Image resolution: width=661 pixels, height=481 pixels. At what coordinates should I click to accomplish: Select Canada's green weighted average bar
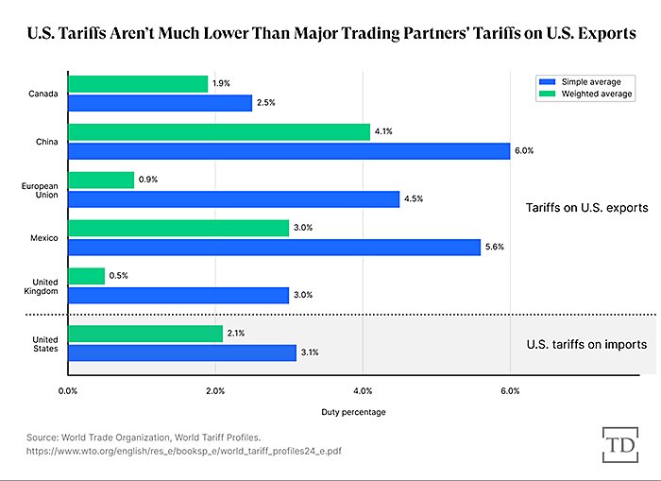[138, 84]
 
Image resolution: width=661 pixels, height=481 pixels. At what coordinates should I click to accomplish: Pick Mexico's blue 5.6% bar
[274, 247]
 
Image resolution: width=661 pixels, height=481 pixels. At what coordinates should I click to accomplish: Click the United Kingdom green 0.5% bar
[86, 276]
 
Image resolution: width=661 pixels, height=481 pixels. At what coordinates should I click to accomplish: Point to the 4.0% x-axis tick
[363, 389]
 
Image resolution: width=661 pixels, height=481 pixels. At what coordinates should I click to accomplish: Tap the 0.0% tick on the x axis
[68, 389]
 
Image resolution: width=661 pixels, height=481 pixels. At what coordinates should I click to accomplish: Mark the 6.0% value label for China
[524, 151]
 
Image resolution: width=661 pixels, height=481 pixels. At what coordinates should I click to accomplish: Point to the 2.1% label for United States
[237, 334]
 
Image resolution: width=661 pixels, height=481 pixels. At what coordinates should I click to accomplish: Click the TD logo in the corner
[618, 443]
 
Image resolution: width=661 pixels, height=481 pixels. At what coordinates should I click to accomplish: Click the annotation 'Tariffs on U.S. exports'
[586, 208]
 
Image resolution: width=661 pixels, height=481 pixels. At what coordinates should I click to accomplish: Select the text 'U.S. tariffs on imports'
[586, 344]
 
